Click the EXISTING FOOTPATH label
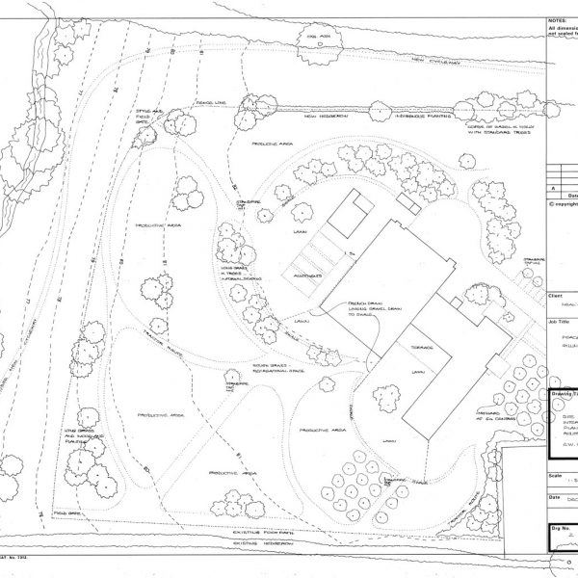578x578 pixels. coord(263,531)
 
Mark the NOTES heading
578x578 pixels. coord(557,19)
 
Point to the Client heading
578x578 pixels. coord(556,297)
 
